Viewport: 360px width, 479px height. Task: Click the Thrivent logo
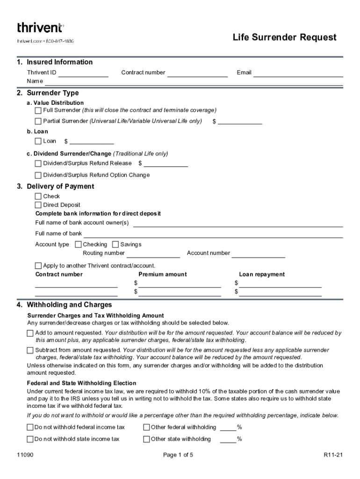(x=40, y=28)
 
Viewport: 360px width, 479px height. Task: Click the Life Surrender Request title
(x=284, y=37)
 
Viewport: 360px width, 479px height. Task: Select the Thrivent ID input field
(x=83, y=73)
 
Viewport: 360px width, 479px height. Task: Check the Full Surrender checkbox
(x=38, y=111)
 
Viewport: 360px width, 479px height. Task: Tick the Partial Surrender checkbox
(x=38, y=122)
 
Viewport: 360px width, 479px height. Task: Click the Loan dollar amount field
(x=92, y=141)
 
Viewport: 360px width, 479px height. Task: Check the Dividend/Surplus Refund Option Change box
(x=38, y=175)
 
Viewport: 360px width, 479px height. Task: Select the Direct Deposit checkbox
(x=38, y=205)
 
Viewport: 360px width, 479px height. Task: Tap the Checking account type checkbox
(x=78, y=245)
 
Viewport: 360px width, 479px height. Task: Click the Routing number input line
(x=153, y=254)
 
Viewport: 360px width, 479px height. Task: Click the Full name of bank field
(x=213, y=234)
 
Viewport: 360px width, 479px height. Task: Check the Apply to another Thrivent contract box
(x=38, y=266)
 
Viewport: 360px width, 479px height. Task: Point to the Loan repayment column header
(x=262, y=275)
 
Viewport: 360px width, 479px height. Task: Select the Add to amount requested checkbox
(x=30, y=334)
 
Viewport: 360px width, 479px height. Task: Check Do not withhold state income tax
(x=30, y=439)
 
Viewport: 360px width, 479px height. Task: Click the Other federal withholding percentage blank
(x=228, y=428)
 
